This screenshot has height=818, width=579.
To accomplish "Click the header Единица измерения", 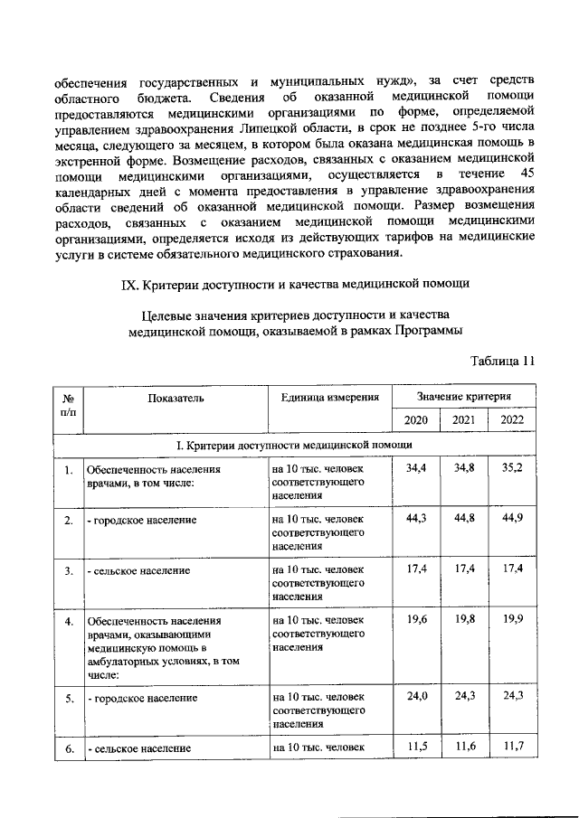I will pyautogui.click(x=329, y=397).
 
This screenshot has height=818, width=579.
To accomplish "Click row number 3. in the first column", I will pyautogui.click(x=69, y=571).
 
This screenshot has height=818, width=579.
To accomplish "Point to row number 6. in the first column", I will pyautogui.click(x=69, y=747).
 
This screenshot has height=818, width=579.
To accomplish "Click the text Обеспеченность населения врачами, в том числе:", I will pyautogui.click(x=152, y=475).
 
